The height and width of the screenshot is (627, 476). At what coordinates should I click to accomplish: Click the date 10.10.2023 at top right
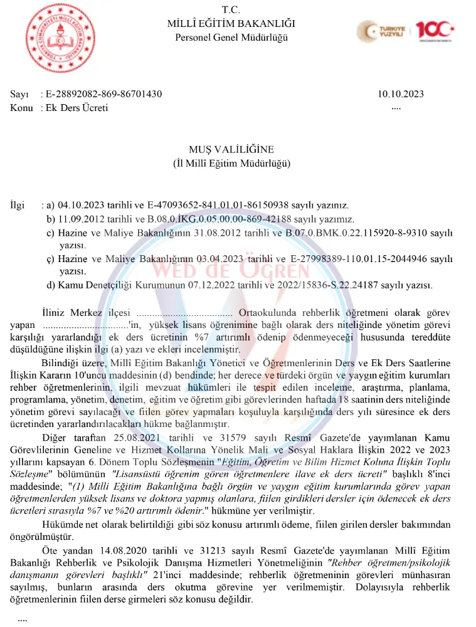[401, 95]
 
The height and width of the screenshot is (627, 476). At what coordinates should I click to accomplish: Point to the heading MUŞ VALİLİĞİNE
[231, 150]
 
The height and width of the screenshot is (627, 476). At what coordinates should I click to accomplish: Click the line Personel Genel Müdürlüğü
[231, 38]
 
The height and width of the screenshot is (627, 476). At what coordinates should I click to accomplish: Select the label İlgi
[18, 205]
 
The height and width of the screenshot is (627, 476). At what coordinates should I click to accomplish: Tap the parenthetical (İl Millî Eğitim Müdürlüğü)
[231, 163]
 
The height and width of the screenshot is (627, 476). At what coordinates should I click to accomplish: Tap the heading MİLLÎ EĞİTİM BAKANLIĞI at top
[231, 24]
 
